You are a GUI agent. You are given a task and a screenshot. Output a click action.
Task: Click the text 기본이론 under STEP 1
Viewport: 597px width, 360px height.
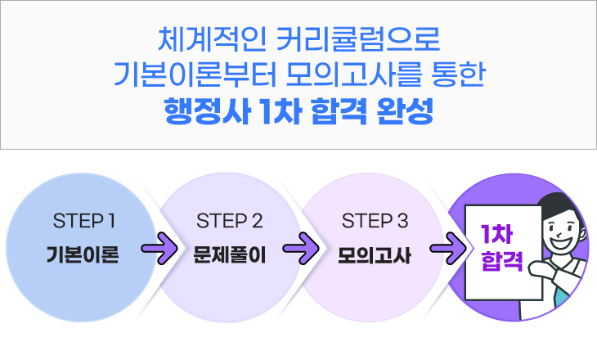coord(83,254)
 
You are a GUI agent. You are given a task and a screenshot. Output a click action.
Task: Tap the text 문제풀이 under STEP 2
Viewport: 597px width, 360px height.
coord(230,254)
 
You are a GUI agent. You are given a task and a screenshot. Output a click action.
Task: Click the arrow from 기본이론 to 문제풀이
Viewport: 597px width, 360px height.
coord(158,248)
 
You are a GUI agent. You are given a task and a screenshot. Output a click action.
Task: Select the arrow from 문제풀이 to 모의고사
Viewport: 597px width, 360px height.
coord(303,248)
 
